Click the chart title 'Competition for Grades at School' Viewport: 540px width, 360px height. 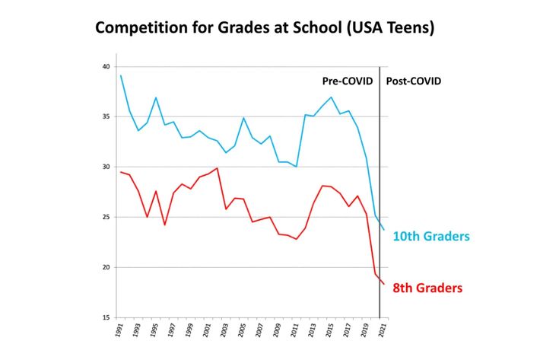(264, 29)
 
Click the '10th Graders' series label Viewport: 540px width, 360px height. (431, 237)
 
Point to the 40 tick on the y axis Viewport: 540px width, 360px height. (106, 67)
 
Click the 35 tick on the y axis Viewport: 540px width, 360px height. (106, 117)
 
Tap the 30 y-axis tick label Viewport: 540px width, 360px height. (106, 167)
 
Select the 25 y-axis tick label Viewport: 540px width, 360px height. (106, 218)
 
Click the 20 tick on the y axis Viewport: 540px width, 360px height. (106, 268)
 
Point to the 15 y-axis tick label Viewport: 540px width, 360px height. (106, 318)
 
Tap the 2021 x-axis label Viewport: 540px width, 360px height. (384, 332)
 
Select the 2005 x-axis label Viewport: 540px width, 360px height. (243, 332)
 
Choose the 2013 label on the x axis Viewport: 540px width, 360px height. (313, 332)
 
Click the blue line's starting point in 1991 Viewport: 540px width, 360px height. (120, 75)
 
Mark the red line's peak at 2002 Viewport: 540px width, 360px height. (218, 168)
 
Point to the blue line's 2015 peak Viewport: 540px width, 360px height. (332, 97)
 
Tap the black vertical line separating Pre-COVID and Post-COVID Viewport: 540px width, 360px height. (380, 190)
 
